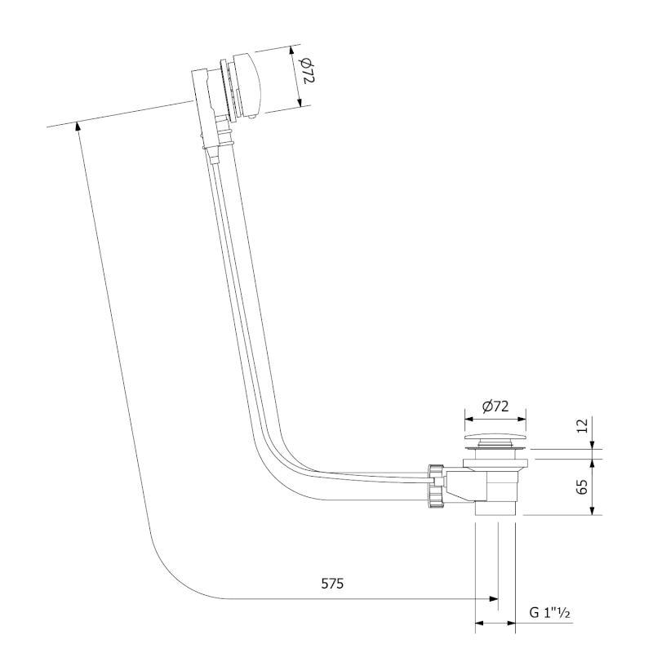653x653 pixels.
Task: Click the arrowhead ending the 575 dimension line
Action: (x=494, y=599)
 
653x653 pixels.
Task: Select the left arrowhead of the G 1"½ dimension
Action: (x=479, y=624)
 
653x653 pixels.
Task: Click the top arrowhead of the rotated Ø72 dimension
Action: (x=294, y=50)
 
